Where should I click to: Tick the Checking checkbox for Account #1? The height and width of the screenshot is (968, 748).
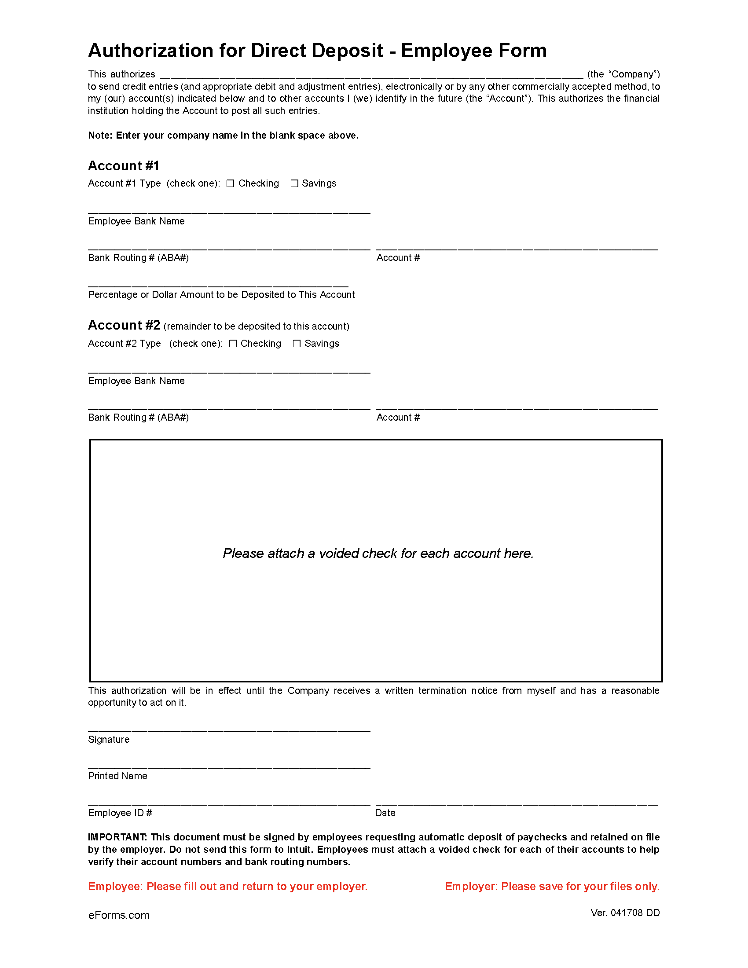coord(230,183)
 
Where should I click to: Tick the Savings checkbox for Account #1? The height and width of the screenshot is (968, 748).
coord(294,183)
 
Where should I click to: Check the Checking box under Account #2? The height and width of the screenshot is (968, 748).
coord(233,344)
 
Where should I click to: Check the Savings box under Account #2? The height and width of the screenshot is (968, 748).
coord(297,344)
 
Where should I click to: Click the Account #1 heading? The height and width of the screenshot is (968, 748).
coord(123,166)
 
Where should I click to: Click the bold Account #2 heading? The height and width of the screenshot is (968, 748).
coord(124,325)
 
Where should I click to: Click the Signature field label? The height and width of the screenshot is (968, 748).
coord(109,739)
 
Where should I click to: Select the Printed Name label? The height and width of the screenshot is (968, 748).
coord(117,776)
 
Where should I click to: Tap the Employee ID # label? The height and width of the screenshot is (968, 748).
coord(120,813)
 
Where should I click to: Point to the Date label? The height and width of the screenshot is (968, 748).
coord(385,813)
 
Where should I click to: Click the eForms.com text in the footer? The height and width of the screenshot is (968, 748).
coord(119,915)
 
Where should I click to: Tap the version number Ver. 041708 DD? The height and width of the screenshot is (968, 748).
coord(625,913)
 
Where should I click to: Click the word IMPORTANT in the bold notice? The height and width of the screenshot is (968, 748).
coord(117,837)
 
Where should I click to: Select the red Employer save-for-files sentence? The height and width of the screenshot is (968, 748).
coord(552,887)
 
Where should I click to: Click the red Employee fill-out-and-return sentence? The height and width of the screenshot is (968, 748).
coord(228,887)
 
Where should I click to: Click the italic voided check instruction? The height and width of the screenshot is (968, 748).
coord(378,554)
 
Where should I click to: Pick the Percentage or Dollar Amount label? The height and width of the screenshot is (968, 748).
coord(221,295)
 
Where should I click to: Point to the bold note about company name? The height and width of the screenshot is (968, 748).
coord(224,136)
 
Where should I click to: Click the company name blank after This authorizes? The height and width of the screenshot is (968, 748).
coord(371,74)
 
